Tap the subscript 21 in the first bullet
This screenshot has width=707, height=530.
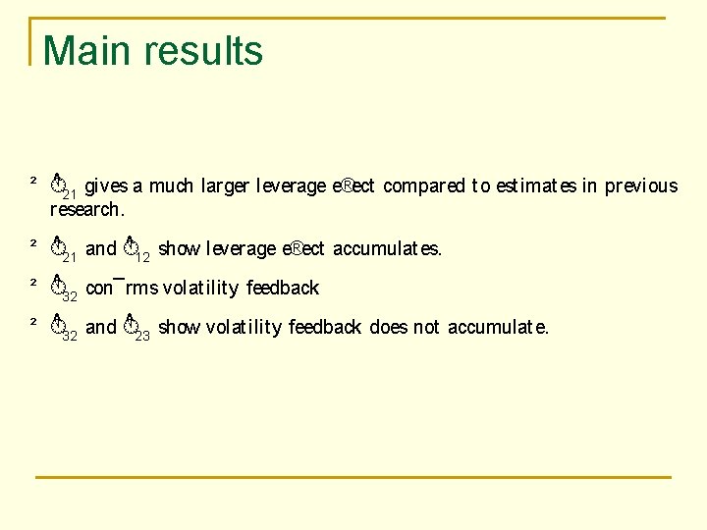click(71, 193)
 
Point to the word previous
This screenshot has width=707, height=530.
click(641, 186)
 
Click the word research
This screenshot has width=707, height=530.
click(87, 209)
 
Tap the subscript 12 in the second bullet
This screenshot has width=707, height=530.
click(141, 256)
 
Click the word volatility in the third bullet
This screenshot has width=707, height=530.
click(200, 289)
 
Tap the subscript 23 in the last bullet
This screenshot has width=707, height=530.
click(141, 335)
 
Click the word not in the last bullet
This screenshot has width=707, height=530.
click(426, 328)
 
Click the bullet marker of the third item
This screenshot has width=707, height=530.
click(32, 283)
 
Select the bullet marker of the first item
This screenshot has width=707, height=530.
click(32, 181)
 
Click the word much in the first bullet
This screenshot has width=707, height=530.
click(171, 186)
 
